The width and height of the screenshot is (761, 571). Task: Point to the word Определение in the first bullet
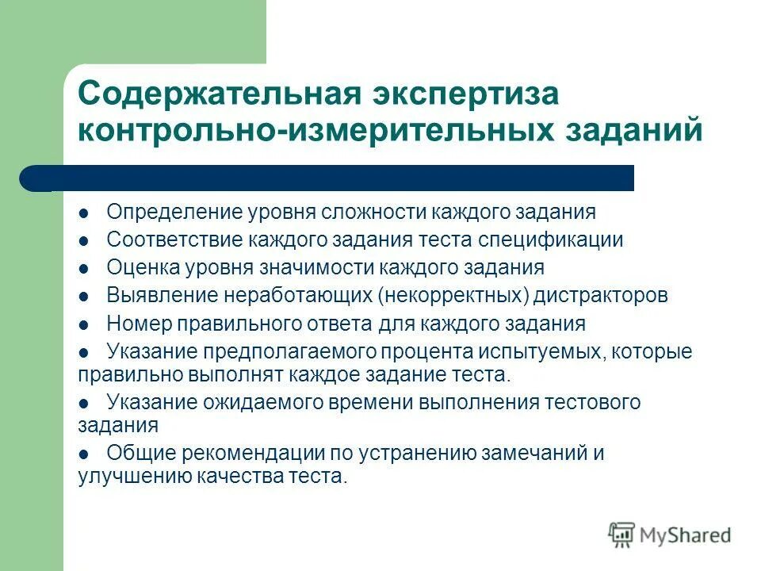(175, 213)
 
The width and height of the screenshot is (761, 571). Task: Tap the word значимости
(317, 267)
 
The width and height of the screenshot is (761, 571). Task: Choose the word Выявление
(162, 296)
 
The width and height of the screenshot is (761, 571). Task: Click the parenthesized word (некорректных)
(453, 296)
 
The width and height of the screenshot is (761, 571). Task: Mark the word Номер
(136, 324)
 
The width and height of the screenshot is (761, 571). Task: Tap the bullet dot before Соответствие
(83, 240)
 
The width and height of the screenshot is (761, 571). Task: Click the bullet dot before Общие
(83, 454)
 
